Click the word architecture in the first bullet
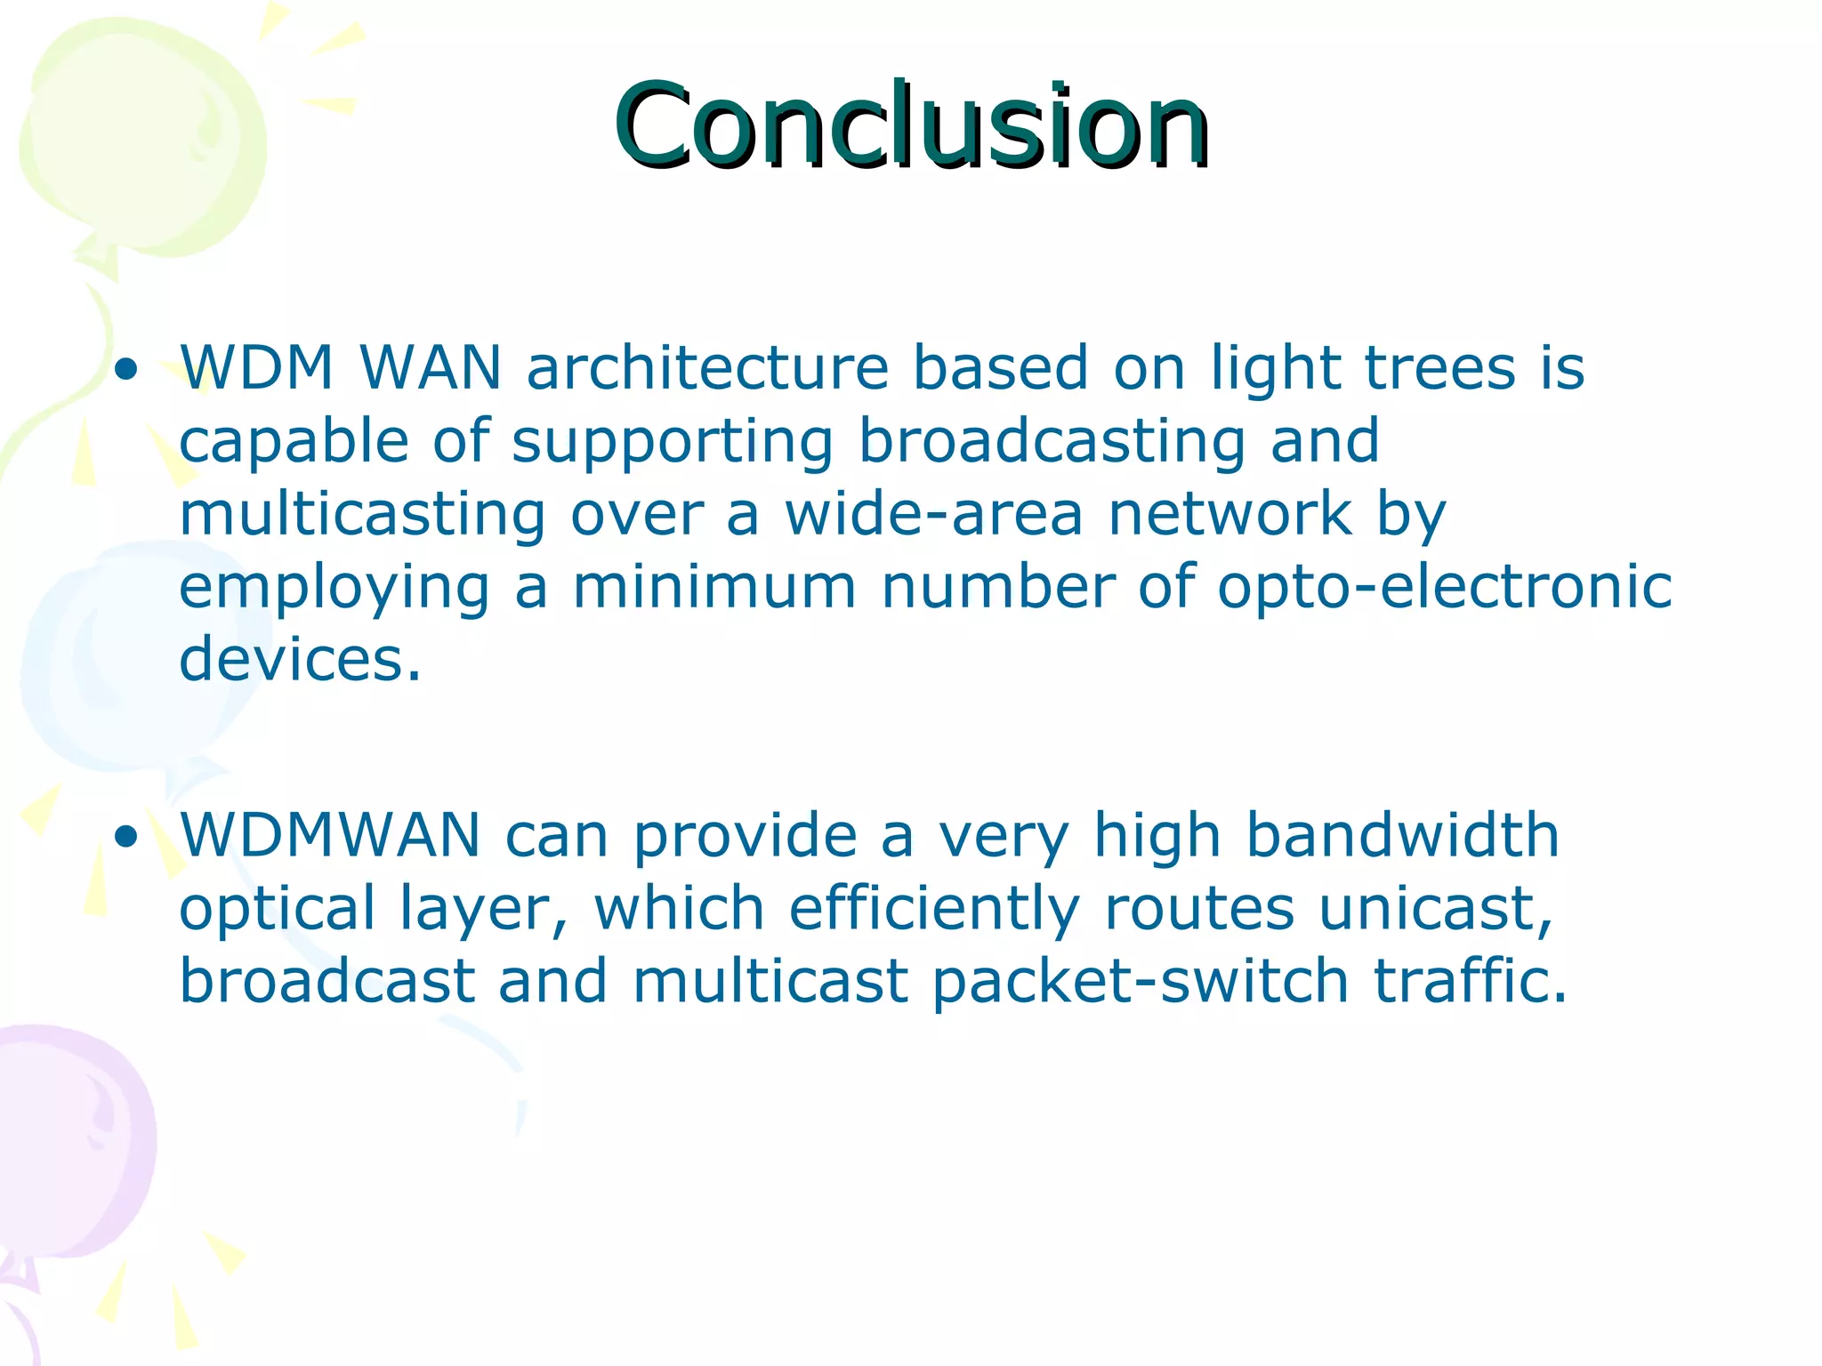click(707, 367)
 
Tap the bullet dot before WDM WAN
click(127, 369)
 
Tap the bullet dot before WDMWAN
click(127, 836)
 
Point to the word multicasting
click(362, 515)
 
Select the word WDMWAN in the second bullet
click(330, 835)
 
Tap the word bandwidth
click(1402, 835)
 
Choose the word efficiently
click(934, 910)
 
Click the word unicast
click(1434, 909)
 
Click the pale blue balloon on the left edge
click(116, 658)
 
